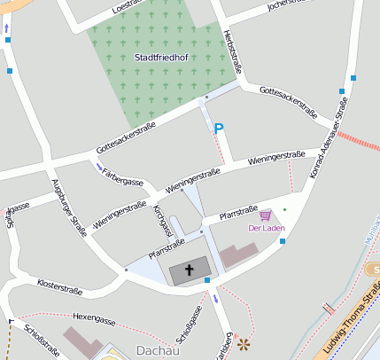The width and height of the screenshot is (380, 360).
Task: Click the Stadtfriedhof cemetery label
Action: [160, 58]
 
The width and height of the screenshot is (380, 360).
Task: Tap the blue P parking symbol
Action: [219, 129]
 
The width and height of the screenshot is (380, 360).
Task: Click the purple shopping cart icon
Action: [265, 215]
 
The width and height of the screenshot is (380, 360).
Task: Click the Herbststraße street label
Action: [236, 51]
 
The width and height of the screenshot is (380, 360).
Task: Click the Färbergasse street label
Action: [123, 181]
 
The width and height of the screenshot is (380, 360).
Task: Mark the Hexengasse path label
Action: [95, 316]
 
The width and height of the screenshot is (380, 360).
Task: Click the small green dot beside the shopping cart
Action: [284, 209]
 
